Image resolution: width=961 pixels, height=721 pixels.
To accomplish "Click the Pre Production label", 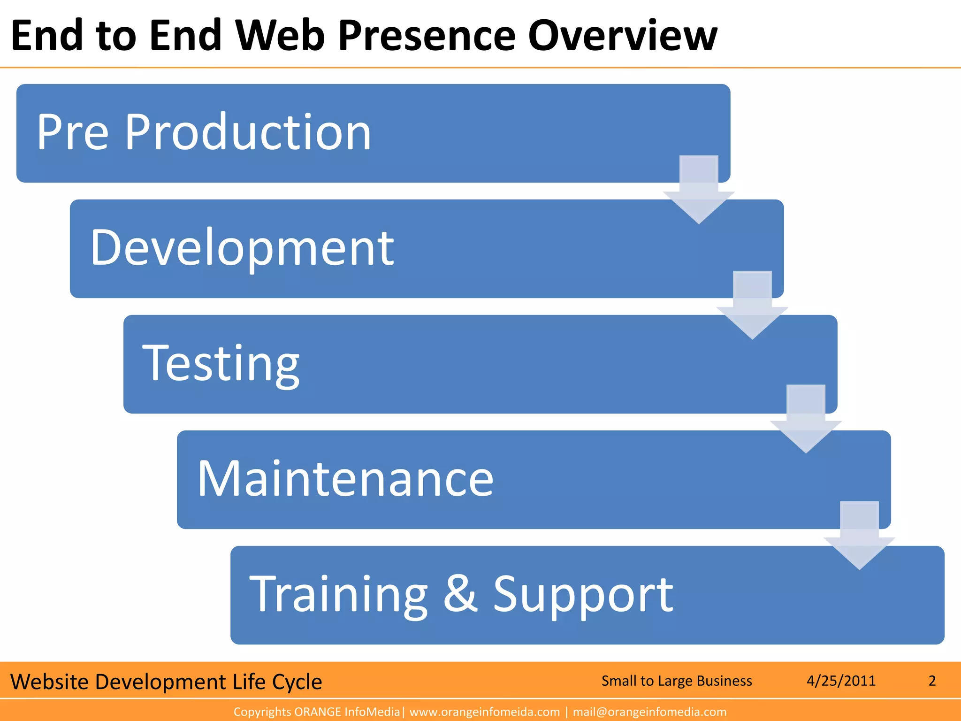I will [204, 133].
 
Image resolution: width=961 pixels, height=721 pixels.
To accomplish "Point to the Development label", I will [242, 248].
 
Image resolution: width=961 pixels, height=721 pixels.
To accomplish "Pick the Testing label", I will [221, 364].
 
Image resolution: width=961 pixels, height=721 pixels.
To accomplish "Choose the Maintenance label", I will [345, 479].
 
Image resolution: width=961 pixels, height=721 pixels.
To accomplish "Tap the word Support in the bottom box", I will [583, 595].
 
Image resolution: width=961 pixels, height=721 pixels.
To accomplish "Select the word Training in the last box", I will [338, 595].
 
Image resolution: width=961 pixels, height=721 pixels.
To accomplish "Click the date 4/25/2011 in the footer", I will [841, 681].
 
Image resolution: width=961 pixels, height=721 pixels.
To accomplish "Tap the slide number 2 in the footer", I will [932, 681].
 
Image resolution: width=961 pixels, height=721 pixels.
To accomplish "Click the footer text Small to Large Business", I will [676, 681].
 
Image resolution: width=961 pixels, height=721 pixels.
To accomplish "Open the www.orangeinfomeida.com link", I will [484, 712].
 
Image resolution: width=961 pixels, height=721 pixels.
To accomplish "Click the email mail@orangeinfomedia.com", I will [649, 712].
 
